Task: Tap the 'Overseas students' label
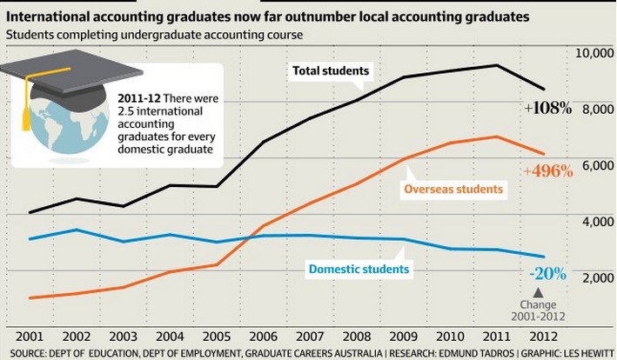click(x=454, y=189)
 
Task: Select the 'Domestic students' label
click(x=359, y=269)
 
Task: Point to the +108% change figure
click(x=548, y=109)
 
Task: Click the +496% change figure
click(x=548, y=171)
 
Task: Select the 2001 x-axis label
click(x=30, y=337)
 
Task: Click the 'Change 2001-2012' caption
click(x=543, y=310)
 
